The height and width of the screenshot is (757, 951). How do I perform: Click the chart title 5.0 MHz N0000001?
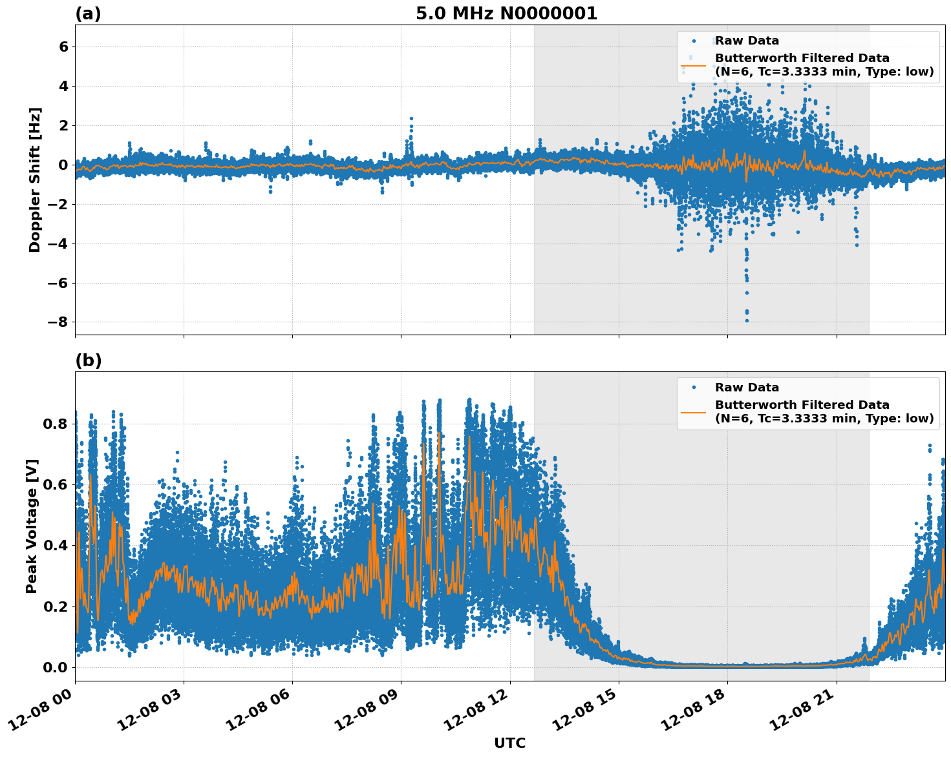506,14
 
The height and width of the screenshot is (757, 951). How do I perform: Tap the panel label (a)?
88,14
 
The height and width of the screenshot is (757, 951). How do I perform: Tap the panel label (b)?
88,360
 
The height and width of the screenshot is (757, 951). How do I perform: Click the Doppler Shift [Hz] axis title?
35,180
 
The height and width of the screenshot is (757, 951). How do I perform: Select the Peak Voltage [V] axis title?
32,526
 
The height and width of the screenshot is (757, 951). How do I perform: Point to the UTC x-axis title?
509,743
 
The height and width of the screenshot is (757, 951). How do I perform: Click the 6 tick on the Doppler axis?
63,47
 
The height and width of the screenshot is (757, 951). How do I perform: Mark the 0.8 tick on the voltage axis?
55,424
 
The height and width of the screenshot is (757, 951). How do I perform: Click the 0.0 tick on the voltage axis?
55,667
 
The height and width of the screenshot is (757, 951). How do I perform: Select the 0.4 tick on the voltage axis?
55,545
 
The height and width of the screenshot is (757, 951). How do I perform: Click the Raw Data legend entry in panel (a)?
747,41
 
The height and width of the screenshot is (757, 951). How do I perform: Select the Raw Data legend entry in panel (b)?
747,388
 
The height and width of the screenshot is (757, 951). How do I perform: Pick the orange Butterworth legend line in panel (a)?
694,65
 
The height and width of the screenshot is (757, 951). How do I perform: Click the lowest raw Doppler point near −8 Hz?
747,320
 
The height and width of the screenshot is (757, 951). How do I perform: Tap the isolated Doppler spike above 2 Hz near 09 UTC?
411,119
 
